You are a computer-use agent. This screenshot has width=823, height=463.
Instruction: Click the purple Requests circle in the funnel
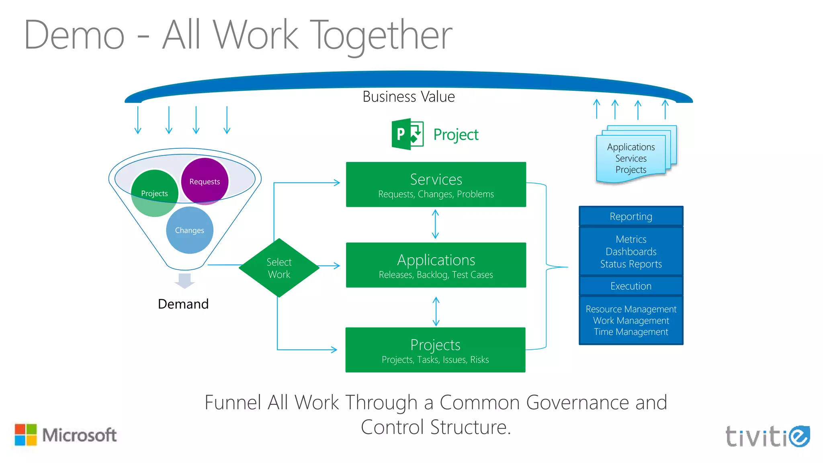(x=205, y=181)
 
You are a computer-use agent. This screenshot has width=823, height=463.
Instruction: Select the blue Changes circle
(x=189, y=230)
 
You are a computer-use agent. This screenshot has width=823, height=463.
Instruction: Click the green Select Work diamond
(x=279, y=268)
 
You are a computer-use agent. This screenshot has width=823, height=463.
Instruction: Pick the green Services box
(x=436, y=184)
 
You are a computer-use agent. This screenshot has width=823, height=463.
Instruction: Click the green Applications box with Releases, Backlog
(x=436, y=265)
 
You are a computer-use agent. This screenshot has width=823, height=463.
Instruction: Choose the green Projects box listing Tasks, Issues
(x=435, y=350)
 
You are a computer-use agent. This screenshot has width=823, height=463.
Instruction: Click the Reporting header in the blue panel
(x=631, y=217)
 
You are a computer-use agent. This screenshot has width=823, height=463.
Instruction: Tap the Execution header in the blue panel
(x=631, y=286)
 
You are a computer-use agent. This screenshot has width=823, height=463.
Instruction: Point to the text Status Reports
(x=631, y=264)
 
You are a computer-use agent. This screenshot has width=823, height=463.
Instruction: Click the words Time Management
(x=631, y=332)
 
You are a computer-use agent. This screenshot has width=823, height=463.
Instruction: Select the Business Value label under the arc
(x=408, y=97)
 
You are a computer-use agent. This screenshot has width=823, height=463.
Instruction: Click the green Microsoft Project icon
(x=407, y=134)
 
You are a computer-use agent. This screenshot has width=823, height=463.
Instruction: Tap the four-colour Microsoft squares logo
(x=26, y=435)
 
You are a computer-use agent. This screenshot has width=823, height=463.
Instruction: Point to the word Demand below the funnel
(x=183, y=304)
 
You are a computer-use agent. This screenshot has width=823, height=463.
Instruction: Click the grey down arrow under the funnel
(x=184, y=281)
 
